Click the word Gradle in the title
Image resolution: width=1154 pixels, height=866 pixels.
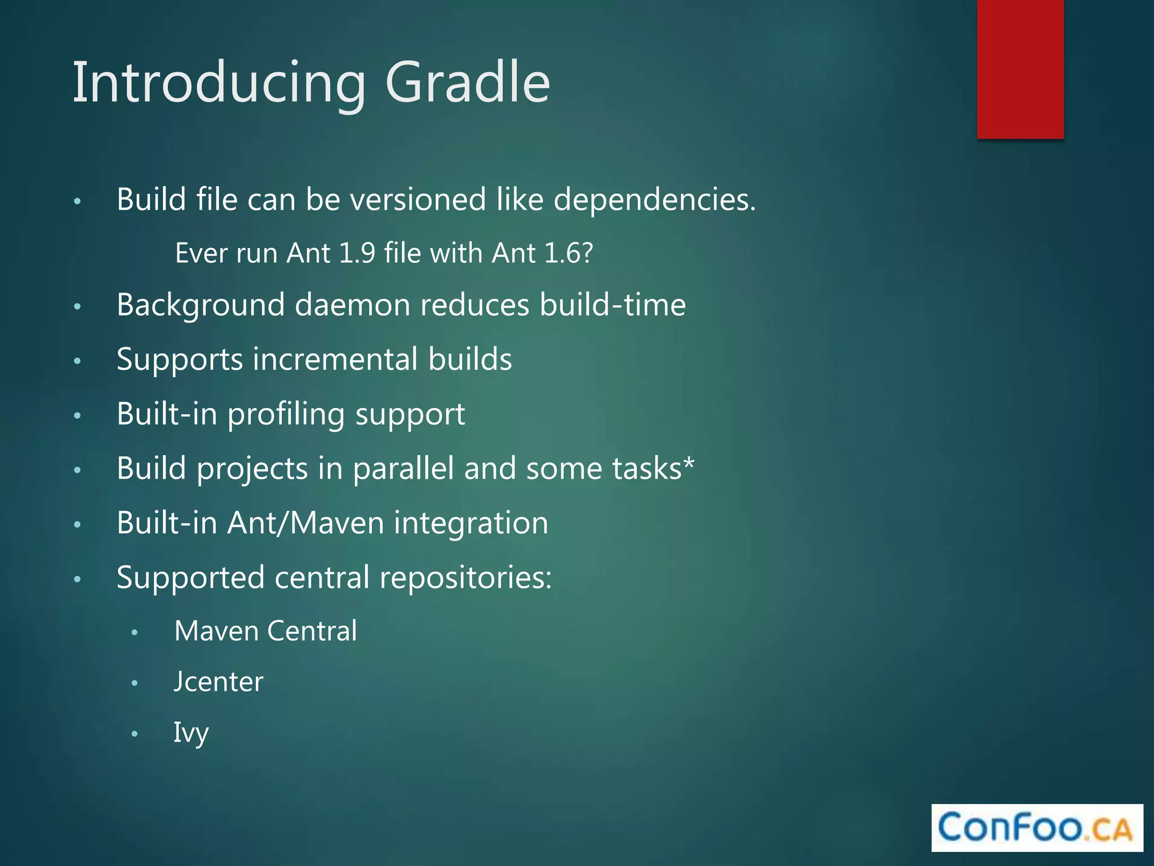(467, 83)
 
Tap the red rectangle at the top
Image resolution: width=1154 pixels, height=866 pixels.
(1020, 69)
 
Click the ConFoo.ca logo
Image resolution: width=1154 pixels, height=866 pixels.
(1037, 828)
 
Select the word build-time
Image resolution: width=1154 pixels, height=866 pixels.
(612, 305)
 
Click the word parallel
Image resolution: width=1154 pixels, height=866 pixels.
(403, 469)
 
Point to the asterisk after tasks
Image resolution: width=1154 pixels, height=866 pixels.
(689, 463)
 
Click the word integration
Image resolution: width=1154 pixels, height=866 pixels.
(471, 523)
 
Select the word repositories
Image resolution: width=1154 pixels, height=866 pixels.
(462, 578)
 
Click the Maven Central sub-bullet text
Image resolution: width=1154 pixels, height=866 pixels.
(265, 631)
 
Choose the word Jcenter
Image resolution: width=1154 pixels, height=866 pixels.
(219, 682)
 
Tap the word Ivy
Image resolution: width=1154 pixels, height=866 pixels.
(191, 734)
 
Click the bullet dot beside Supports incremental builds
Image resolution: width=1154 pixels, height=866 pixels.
(78, 361)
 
